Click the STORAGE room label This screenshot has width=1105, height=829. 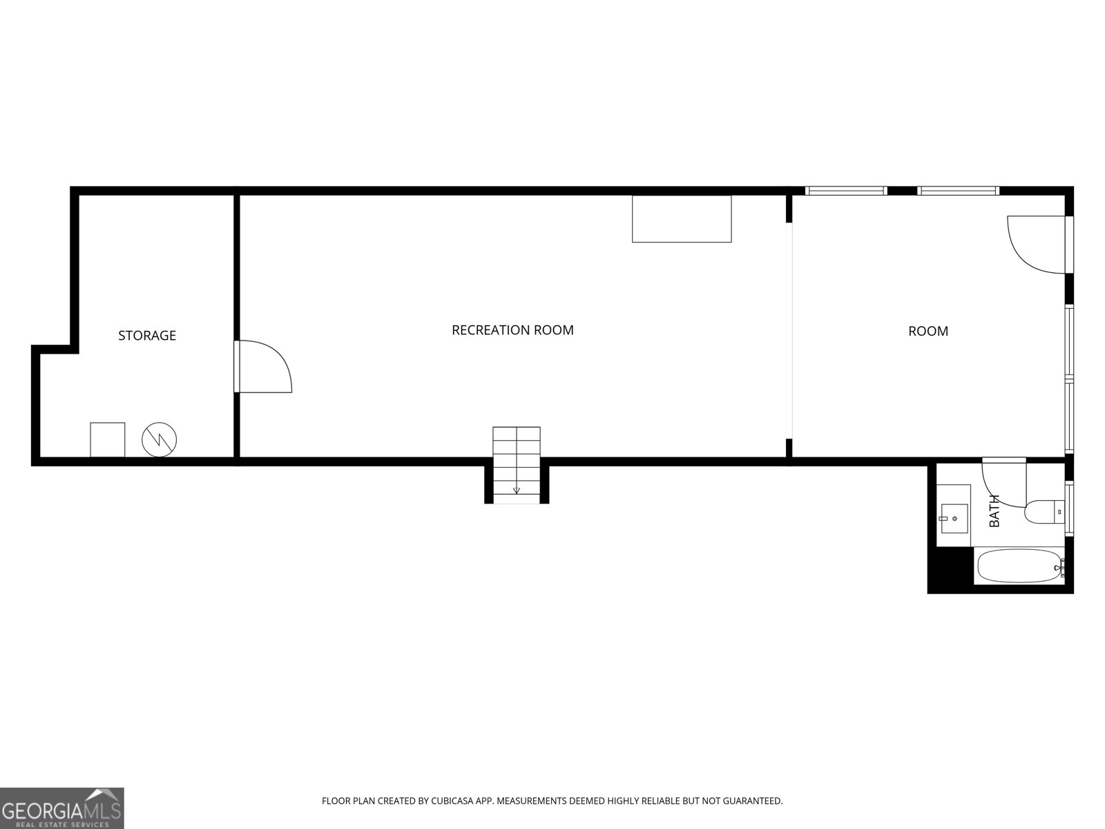point(147,336)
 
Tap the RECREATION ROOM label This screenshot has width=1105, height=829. point(512,330)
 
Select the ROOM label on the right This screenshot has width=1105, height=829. point(928,332)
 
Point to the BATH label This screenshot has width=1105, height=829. point(995,511)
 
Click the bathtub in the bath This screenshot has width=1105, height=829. point(1019,566)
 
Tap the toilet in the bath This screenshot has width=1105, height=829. point(1044,512)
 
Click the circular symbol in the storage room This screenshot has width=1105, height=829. point(160,439)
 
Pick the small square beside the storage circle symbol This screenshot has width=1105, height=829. point(108,440)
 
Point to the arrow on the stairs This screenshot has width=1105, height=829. point(516,490)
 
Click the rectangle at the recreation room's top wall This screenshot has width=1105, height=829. point(682,219)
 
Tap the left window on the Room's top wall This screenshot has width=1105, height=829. point(846,191)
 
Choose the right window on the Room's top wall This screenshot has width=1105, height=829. point(958,191)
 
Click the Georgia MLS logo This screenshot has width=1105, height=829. point(61,808)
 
